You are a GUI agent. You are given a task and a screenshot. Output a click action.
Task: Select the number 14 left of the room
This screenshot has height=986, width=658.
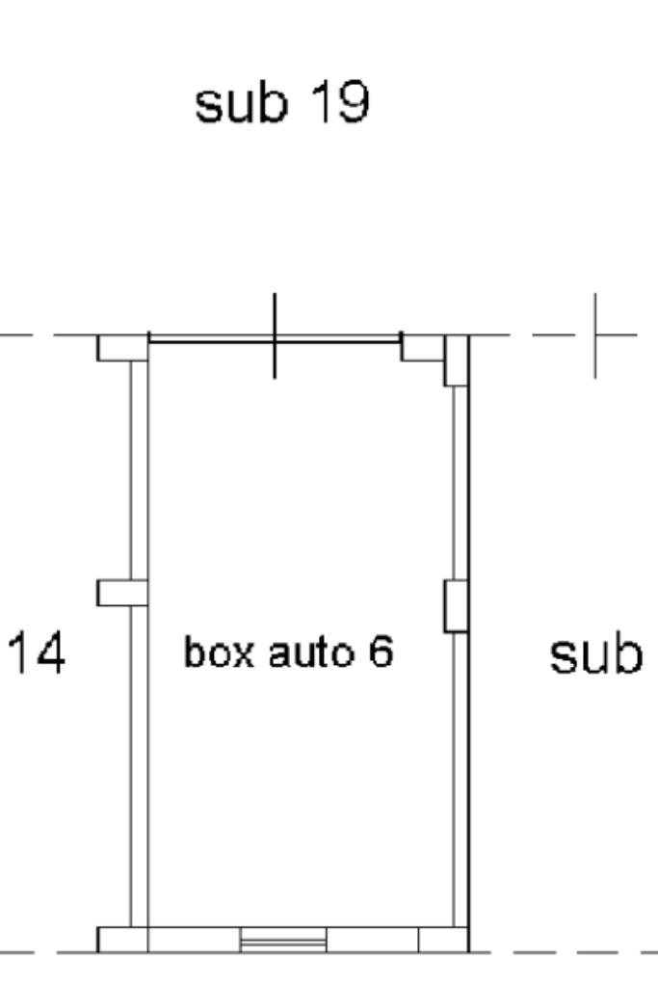pyautogui.click(x=39, y=653)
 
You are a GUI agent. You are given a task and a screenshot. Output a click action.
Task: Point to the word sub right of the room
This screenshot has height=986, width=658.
pyautogui.click(x=594, y=655)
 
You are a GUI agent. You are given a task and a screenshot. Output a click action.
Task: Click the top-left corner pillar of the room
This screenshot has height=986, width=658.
pyautogui.click(x=122, y=347)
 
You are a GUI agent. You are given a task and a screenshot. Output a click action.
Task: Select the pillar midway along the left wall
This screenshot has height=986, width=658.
pyautogui.click(x=122, y=593)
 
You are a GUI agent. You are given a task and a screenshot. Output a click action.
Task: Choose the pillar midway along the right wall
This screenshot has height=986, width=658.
pyautogui.click(x=456, y=606)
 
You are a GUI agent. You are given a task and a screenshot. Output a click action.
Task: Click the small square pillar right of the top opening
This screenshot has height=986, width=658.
pyautogui.click(x=421, y=346)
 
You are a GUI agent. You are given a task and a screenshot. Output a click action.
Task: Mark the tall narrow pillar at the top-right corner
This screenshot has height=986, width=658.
pyautogui.click(x=456, y=360)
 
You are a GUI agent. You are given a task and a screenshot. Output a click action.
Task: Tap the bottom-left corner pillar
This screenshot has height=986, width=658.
pyautogui.click(x=122, y=939)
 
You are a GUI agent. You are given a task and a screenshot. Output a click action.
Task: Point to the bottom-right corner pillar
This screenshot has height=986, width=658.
pyautogui.click(x=443, y=939)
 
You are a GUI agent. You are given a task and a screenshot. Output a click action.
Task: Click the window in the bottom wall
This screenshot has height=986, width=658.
pyautogui.click(x=283, y=939)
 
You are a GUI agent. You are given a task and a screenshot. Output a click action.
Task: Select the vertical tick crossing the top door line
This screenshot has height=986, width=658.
pyautogui.click(x=276, y=334)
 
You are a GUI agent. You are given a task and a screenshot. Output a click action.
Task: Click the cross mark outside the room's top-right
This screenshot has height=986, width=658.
pyautogui.click(x=595, y=335)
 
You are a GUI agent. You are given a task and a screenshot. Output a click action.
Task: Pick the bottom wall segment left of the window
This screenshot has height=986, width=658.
pyautogui.click(x=193, y=939)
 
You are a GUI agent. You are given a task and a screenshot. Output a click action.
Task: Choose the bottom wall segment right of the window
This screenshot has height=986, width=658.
pyautogui.click(x=372, y=939)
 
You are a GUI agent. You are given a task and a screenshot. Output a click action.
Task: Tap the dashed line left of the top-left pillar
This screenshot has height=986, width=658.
pyautogui.click(x=48, y=335)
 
